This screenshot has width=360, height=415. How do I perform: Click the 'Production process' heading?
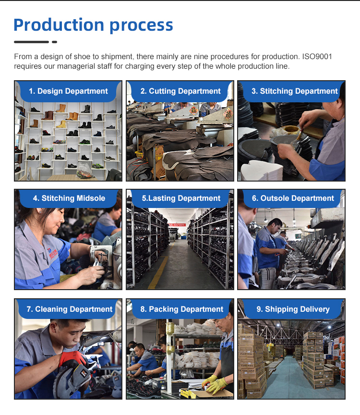click(x=94, y=25)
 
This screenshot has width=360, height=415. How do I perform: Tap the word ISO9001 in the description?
click(x=317, y=57)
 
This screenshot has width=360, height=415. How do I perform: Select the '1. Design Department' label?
click(x=68, y=91)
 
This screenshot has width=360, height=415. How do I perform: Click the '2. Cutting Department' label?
click(x=180, y=91)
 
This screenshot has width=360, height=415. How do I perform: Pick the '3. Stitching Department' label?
click(x=295, y=91)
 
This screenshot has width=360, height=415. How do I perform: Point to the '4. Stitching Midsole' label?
click(x=69, y=198)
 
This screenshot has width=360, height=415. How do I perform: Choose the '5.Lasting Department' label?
click(x=181, y=198)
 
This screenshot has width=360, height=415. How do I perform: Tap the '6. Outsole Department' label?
click(x=293, y=198)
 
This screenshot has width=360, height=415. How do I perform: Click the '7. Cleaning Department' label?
click(x=70, y=309)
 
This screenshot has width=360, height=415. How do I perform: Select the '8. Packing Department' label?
click(x=182, y=309)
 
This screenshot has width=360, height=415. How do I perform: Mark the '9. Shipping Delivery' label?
click(x=293, y=309)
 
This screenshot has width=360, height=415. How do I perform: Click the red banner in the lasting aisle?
click(x=177, y=225)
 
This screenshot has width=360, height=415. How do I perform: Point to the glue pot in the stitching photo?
click(x=290, y=130)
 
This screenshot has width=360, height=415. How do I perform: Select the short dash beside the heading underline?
click(x=55, y=42)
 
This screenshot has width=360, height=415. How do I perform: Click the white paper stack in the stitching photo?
click(x=261, y=171)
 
